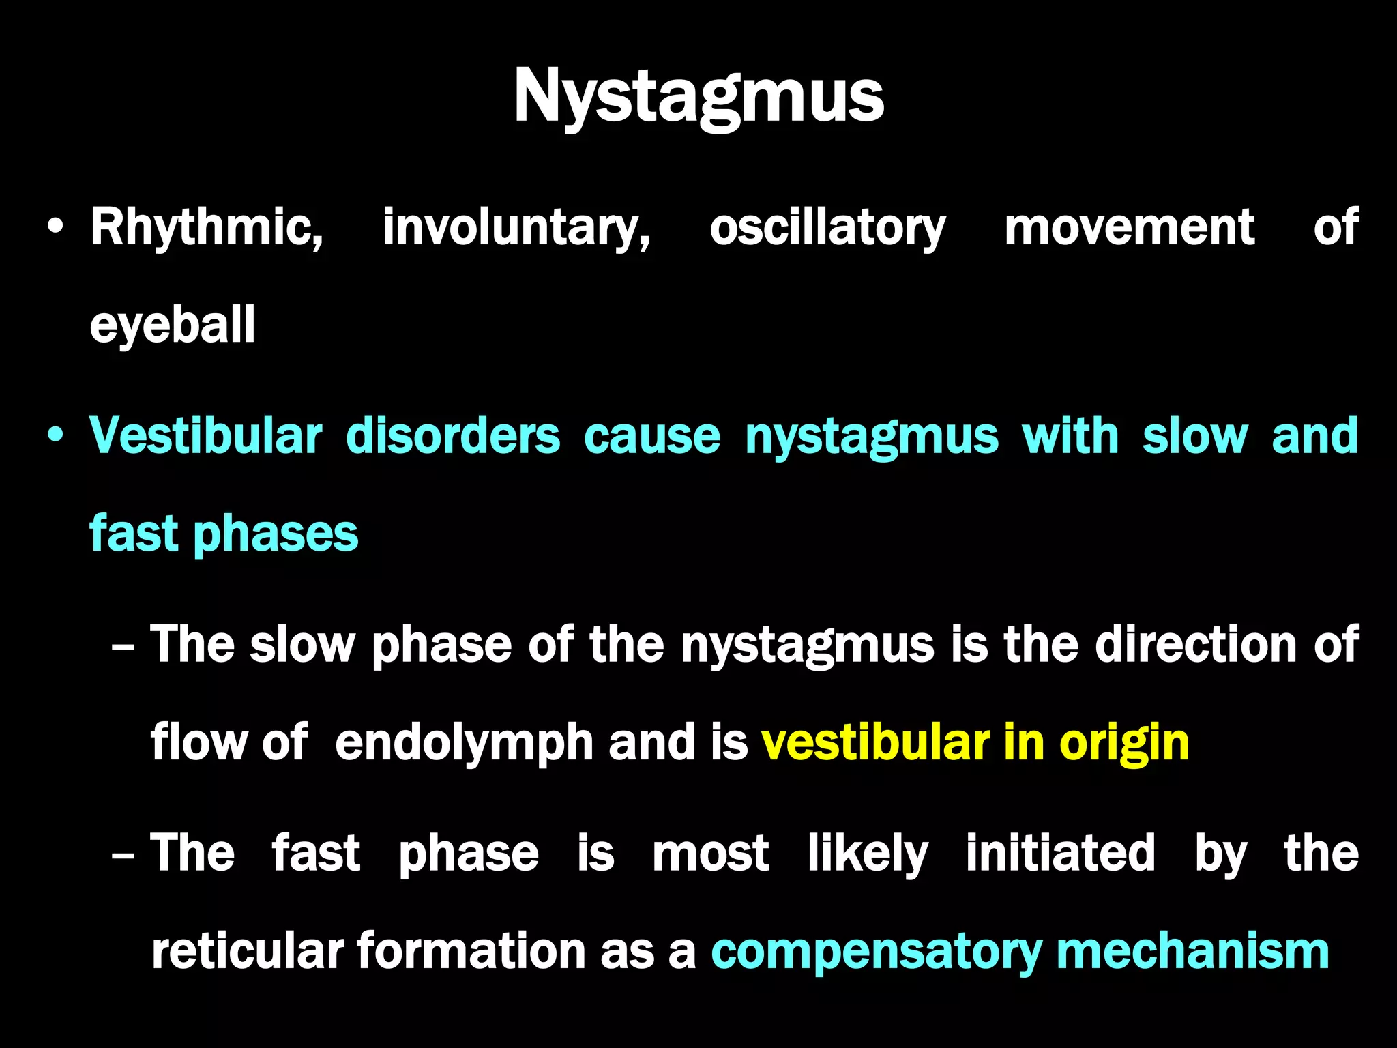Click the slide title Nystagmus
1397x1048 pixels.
[x=698, y=97]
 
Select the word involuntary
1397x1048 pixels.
[x=516, y=227]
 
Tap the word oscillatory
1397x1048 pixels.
[x=827, y=227]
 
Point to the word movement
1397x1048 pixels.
[x=1129, y=227]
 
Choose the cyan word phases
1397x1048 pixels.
[x=276, y=534]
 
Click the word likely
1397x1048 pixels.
[x=868, y=853]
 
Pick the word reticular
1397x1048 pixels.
[x=246, y=951]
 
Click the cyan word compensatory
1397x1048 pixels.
[x=875, y=951]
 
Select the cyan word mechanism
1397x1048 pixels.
[x=1192, y=951]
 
